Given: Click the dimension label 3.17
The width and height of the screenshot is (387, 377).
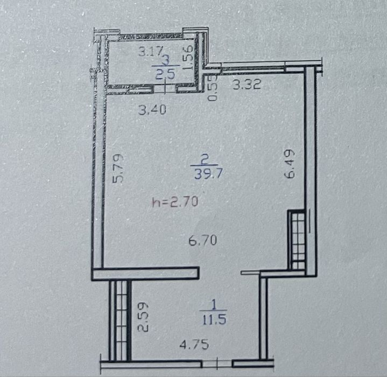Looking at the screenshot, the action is [x=151, y=52].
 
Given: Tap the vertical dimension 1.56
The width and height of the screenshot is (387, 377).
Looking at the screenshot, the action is [x=188, y=58].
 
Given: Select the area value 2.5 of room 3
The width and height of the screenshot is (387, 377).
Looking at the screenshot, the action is [x=165, y=74].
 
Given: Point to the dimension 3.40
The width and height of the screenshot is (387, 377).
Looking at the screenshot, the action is [x=152, y=110].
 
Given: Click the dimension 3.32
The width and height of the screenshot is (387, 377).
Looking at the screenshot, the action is [x=247, y=85].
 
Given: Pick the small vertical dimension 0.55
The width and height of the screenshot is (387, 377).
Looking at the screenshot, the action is [x=213, y=88].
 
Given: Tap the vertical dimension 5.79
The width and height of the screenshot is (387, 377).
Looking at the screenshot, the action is [x=118, y=169].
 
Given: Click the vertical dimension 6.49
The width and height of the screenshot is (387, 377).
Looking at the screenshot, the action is [x=290, y=163].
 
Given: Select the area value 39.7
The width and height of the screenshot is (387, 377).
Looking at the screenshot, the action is [x=208, y=174].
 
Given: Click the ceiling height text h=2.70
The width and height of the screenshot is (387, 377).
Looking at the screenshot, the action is [x=175, y=202].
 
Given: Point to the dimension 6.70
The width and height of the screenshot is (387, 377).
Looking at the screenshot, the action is [x=203, y=240].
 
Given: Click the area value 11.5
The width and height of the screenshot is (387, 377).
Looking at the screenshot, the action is [x=214, y=320].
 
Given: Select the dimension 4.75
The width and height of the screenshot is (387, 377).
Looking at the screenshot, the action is [x=194, y=344].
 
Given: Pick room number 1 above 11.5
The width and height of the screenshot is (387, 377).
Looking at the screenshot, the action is [x=214, y=305].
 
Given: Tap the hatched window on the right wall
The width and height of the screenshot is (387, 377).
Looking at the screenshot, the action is [x=298, y=240].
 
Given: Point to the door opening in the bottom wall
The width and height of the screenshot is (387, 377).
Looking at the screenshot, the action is [x=217, y=364].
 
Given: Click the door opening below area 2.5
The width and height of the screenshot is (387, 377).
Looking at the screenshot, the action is [x=165, y=89].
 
